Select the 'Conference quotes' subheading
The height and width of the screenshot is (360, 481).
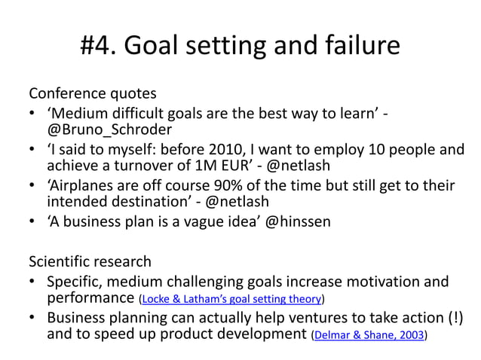click(93, 94)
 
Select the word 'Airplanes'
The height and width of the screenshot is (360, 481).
click(83, 185)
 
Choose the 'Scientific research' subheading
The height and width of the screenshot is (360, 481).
click(90, 262)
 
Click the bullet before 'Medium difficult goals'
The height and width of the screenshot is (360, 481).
click(34, 114)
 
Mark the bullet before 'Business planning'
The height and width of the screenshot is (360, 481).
click(34, 317)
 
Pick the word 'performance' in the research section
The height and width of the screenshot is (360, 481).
click(90, 298)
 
